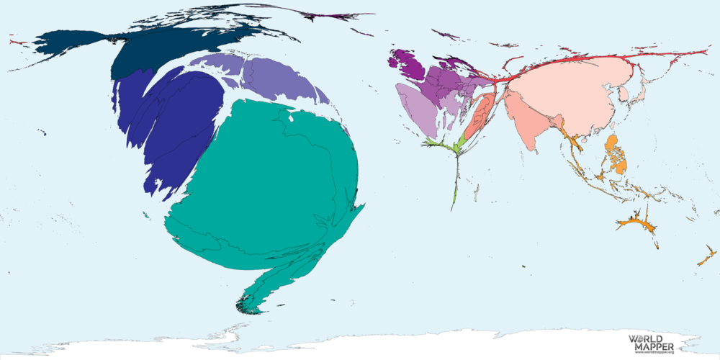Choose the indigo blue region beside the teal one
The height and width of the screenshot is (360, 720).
[x=180, y=122]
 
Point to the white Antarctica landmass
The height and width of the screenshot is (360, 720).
[x=432, y=346]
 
